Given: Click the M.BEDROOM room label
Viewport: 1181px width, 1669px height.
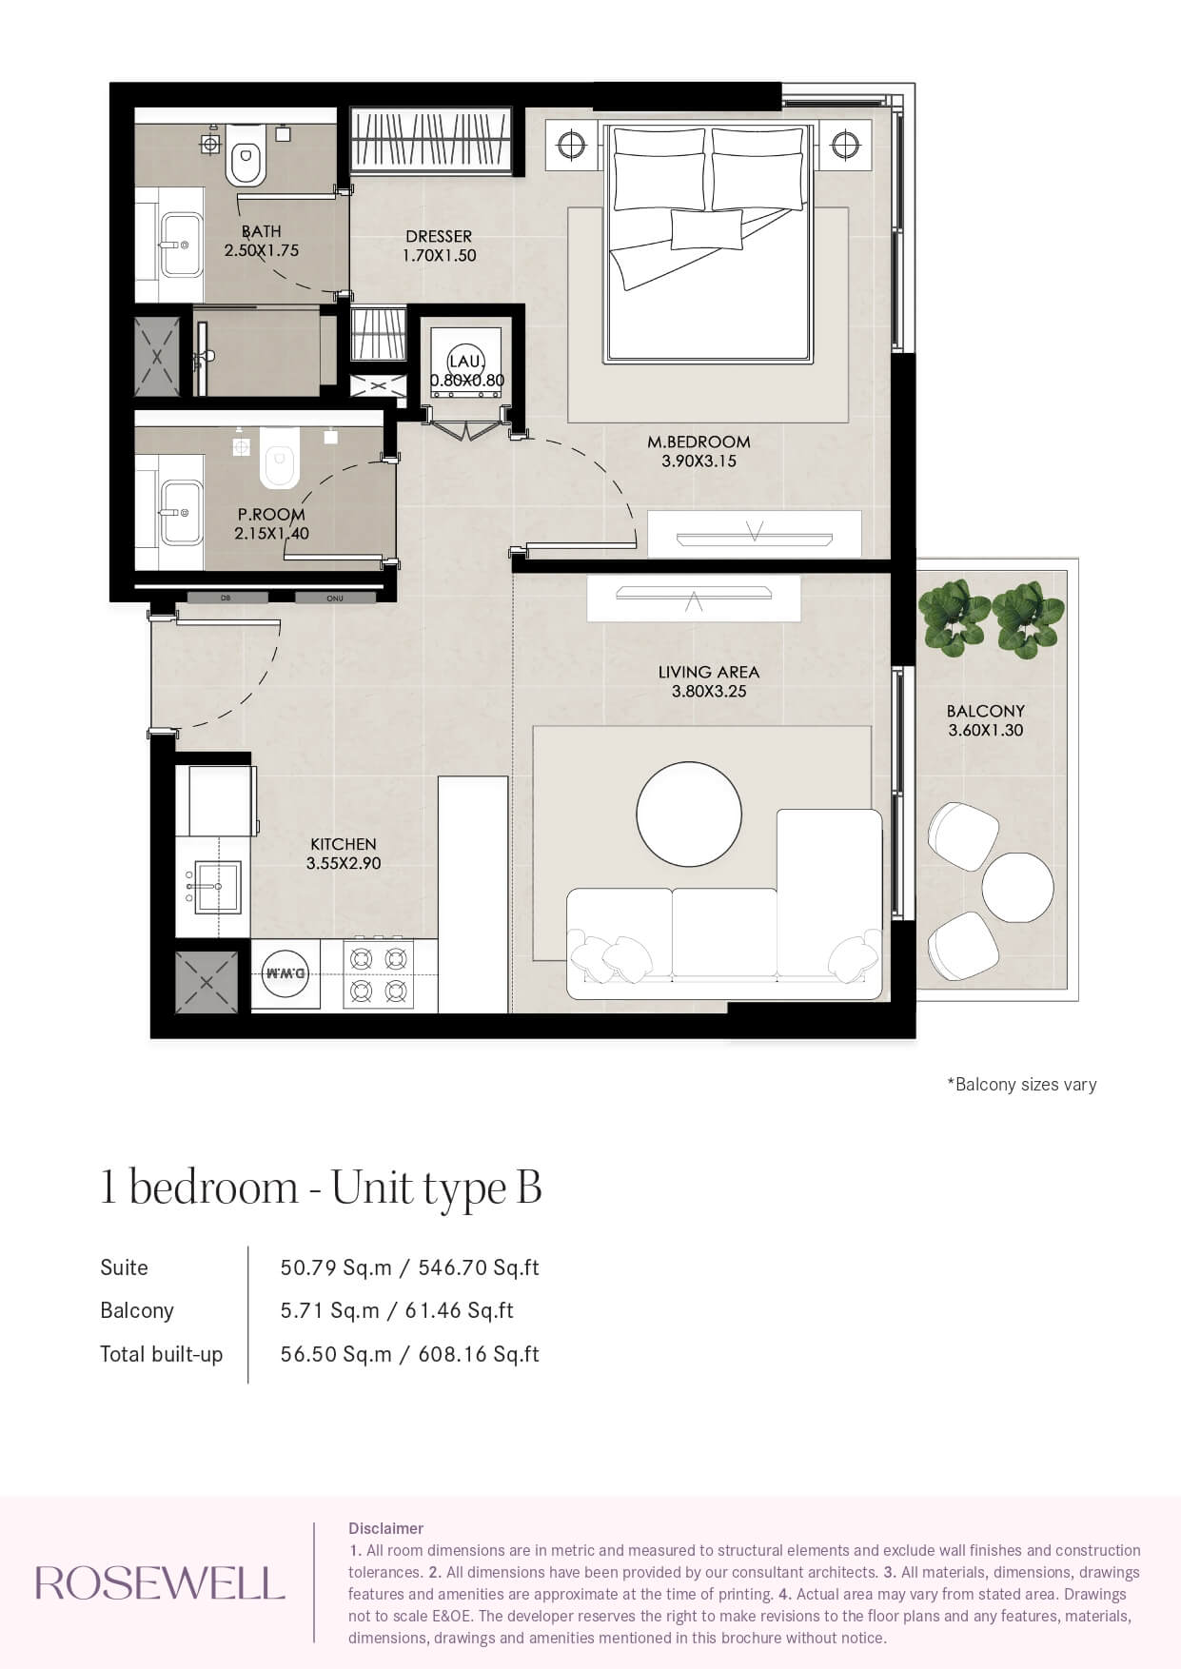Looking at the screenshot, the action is (699, 442).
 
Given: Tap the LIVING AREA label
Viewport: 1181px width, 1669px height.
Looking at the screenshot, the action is (709, 672).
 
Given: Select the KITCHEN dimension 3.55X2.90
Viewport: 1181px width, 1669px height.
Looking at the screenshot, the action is (344, 864).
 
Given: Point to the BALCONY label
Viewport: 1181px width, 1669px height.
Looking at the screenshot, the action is (986, 711).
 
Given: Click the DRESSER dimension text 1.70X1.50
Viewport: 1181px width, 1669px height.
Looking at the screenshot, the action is (439, 255).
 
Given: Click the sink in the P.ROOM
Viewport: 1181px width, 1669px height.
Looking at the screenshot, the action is (181, 512).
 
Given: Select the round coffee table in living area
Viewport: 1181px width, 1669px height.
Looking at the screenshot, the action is (689, 814).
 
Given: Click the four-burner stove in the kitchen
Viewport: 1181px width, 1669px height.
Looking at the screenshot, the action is (379, 974).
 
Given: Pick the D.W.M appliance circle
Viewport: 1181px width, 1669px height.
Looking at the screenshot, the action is (285, 973).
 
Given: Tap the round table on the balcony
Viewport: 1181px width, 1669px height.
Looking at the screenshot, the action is (1017, 888).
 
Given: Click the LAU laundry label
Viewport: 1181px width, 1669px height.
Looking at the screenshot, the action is (466, 361).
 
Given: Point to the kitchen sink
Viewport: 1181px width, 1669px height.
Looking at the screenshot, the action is (217, 887).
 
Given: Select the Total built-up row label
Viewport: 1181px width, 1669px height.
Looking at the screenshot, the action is (162, 1354).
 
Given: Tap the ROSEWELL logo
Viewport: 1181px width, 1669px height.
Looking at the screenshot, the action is (160, 1583).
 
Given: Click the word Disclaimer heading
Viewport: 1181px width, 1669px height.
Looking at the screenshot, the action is (385, 1528).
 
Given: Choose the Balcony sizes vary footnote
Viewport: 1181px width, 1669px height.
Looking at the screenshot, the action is (1022, 1085).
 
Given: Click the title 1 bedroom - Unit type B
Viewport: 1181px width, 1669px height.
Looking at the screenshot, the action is (321, 1188).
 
